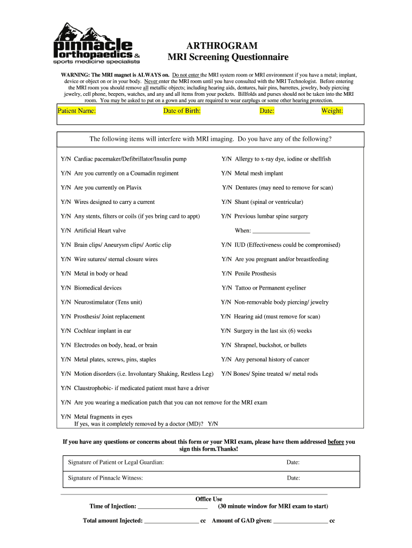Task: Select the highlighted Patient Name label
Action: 77,111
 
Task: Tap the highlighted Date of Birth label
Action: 182,111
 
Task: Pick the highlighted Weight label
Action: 332,111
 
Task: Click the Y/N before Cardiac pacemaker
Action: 66,159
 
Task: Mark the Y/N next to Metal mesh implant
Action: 226,173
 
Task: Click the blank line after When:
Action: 280,231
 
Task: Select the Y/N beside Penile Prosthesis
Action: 226,273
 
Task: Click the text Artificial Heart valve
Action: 100,231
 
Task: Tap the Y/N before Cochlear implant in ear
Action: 66,331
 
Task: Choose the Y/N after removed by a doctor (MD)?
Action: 212,424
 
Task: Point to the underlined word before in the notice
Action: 335,442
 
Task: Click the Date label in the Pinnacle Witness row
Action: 293,478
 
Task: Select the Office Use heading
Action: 209,499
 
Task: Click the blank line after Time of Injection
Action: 172,506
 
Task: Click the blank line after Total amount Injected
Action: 171,521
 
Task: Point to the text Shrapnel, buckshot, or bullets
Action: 270,345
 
